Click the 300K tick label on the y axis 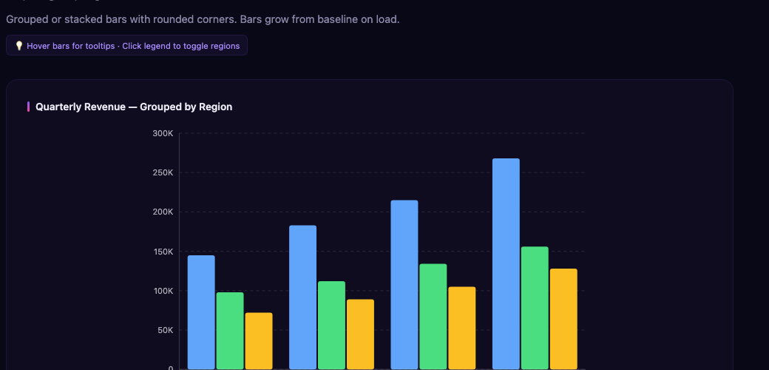pos(163,133)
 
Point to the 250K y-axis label pos(163,172)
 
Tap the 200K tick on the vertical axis pos(163,212)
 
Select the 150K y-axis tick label pos(163,252)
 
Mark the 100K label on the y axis pos(163,291)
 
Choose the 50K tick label pos(165,330)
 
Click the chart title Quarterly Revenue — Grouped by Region pos(134,107)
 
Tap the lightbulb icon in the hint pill pos(19,46)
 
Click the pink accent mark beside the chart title pos(28,107)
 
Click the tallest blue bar pos(506,263)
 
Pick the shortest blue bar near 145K pos(201,312)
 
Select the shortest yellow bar pos(259,340)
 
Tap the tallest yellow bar pos(563,318)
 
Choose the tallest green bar pos(535,307)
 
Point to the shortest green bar pos(230,330)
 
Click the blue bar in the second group pos(302,297)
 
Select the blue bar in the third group pos(404,284)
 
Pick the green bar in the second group pos(331,325)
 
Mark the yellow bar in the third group pos(462,327)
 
